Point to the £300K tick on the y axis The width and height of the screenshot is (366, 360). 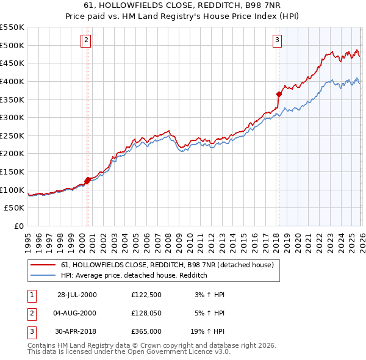coord(12,117)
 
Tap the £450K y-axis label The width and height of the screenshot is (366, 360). coord(12,63)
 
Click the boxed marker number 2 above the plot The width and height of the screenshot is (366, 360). coord(87,41)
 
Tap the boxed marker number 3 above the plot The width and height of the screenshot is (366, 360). coord(277,41)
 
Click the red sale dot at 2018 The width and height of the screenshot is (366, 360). coord(279,94)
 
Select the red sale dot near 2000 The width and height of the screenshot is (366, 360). coord(87,180)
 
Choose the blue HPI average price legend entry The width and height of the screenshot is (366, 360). coord(134,276)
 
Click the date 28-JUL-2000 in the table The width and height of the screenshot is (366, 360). coord(76,295)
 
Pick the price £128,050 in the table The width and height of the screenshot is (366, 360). coord(146,313)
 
